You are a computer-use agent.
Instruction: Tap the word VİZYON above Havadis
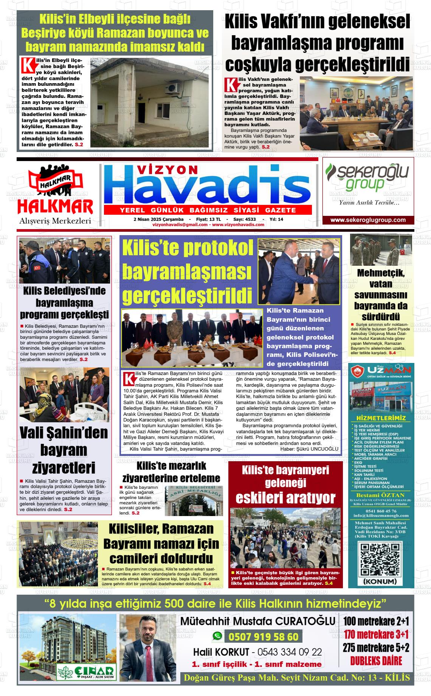[167, 171]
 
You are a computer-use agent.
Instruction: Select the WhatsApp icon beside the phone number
[217, 636]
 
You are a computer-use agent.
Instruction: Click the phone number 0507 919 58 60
[263, 637]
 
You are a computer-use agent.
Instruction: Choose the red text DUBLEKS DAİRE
[376, 661]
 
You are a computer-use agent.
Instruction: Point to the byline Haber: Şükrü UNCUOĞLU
[309, 449]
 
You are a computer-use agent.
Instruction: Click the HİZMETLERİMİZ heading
[381, 418]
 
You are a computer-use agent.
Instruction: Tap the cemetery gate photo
[194, 501]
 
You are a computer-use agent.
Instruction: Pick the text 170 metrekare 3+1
[376, 634]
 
